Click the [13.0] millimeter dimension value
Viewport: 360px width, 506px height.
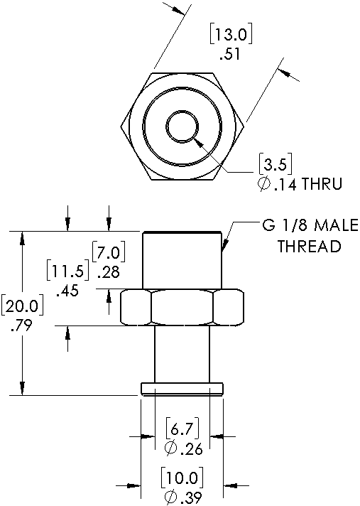tap(231, 35)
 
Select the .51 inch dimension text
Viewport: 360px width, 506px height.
tap(230, 54)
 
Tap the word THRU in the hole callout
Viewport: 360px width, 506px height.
tap(322, 184)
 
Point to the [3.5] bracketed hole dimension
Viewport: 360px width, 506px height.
tap(276, 165)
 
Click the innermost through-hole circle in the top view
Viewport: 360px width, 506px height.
tap(182, 126)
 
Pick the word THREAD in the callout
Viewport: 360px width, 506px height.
tap(310, 246)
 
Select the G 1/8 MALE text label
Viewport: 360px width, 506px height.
tap(310, 225)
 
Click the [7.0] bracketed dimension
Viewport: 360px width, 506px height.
tap(109, 252)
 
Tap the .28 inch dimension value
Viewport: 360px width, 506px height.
tap(109, 272)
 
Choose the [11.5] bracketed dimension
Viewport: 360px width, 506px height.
tap(67, 271)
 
